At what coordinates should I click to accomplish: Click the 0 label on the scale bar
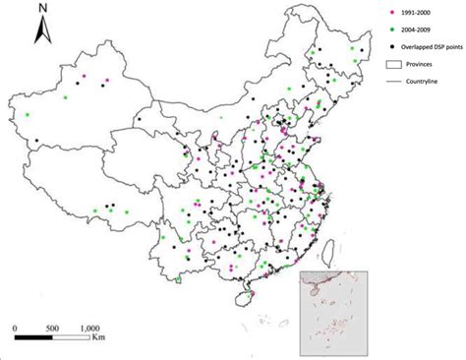click(15, 327)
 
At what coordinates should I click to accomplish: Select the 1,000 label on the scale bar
click(90, 327)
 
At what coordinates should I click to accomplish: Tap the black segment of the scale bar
click(33, 338)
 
